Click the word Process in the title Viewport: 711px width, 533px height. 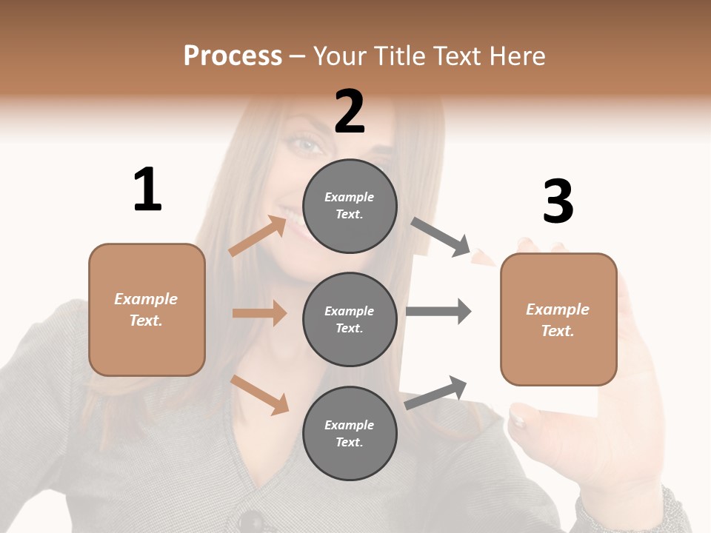(x=233, y=56)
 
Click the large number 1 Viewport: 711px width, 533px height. (x=147, y=190)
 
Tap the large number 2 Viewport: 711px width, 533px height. (x=350, y=112)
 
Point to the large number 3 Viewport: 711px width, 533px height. (x=558, y=202)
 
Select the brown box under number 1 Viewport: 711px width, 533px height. (x=147, y=309)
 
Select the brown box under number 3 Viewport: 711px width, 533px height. (x=558, y=319)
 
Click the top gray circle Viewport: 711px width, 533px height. (x=350, y=205)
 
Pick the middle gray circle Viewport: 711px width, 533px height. (x=350, y=319)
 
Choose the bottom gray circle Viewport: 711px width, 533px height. (x=350, y=433)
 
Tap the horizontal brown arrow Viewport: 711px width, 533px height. (x=259, y=313)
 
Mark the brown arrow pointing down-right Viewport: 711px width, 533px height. (x=259, y=395)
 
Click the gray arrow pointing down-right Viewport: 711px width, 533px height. (x=441, y=237)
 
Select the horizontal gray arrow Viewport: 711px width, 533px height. (x=438, y=311)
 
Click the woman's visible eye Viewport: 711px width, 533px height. (x=306, y=143)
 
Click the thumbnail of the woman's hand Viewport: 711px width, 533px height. (x=517, y=421)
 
